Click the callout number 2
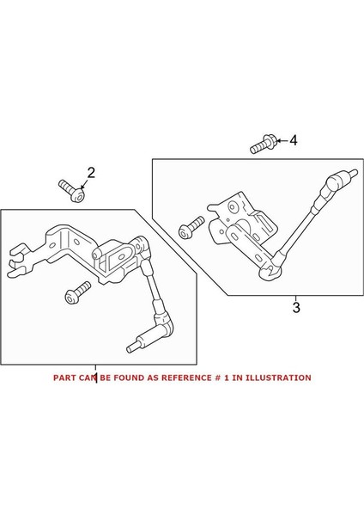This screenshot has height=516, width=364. coord(91,173)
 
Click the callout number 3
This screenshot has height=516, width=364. coord(295,307)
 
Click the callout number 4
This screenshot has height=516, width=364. coord(294,139)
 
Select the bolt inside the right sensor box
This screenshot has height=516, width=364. coord(190,228)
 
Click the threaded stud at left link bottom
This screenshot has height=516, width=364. coord(135,347)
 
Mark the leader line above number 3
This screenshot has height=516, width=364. coord(295,298)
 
